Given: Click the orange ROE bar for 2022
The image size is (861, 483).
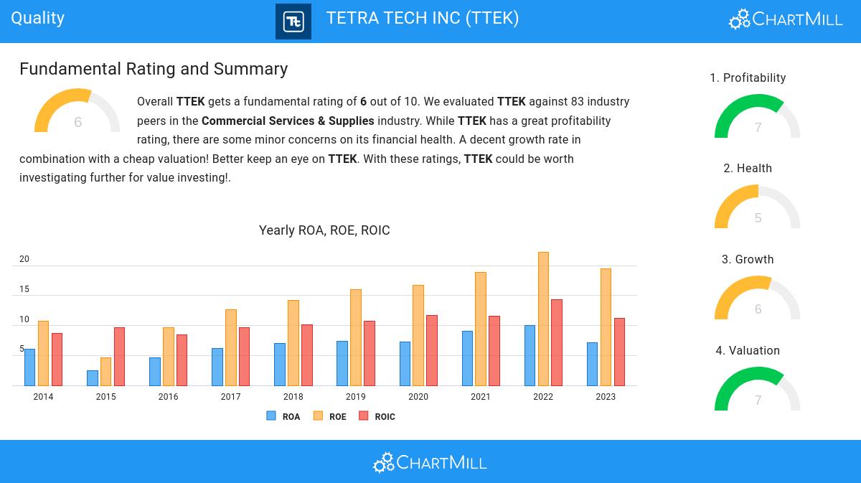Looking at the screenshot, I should [543, 319].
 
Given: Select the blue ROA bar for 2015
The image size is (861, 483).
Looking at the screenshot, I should [93, 378].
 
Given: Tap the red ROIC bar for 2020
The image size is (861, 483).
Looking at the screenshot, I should [431, 350].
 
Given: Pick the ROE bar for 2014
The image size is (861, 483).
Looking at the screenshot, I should [43, 353].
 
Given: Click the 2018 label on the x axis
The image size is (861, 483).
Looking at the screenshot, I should [293, 397].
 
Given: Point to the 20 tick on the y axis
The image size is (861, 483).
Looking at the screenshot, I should [24, 259].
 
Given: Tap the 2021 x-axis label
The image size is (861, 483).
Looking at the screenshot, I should [481, 397].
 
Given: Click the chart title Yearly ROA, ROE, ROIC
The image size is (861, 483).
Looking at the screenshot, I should [324, 230].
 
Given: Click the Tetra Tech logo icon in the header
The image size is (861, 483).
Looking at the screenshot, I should [293, 22].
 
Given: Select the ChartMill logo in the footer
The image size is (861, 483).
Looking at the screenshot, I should [430, 462].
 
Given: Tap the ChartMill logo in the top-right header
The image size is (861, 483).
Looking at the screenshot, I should [786, 19].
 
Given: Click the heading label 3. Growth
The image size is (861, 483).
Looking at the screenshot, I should [748, 259].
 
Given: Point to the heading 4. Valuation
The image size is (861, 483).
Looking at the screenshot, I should [748, 350].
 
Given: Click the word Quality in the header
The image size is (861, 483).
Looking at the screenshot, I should [38, 18].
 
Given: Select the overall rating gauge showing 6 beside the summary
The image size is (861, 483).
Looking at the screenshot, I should [77, 112].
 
